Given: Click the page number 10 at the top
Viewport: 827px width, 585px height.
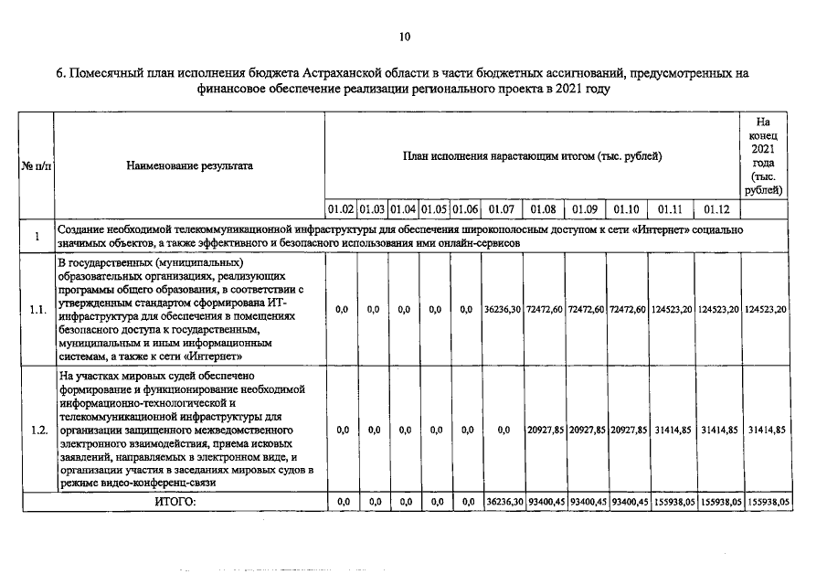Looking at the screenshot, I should click(x=405, y=37).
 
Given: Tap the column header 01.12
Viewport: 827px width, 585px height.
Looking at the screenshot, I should click(x=716, y=207).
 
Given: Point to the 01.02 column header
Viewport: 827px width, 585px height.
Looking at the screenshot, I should click(x=342, y=207).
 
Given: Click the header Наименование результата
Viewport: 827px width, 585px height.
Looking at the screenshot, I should click(x=190, y=165).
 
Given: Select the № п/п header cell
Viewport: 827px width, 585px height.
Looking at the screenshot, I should click(x=37, y=165).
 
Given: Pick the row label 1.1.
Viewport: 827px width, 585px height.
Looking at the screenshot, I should click(x=37, y=310).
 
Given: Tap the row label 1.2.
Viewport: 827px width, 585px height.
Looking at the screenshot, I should click(x=37, y=430).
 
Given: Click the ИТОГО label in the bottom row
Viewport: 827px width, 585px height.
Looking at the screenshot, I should click(x=175, y=502).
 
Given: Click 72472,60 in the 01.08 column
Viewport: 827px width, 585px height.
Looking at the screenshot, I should click(x=545, y=310).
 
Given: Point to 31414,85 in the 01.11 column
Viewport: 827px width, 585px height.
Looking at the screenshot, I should click(x=672, y=430).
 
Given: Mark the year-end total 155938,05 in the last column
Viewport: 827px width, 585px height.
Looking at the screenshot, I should click(x=768, y=502).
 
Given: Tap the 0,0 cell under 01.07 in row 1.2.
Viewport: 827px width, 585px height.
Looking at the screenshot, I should click(x=503, y=430).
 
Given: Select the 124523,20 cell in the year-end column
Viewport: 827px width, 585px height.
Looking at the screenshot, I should click(x=767, y=310).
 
